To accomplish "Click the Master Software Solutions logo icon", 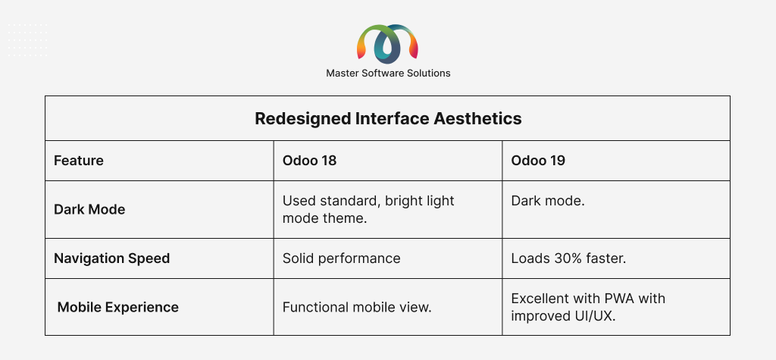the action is point(387,44).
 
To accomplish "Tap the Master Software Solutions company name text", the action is point(388,74).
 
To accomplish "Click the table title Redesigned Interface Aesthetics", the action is point(388,119).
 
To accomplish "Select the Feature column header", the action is point(79,161).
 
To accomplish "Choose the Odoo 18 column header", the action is point(309,161).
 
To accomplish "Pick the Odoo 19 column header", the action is point(538,161).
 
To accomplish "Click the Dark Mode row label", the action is point(89,209).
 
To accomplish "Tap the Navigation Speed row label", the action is point(112,258).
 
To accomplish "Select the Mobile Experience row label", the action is point(117,307).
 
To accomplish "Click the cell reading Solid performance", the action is point(342,258).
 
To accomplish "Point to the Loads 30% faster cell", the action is point(568,258).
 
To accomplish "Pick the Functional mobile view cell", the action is point(358,307).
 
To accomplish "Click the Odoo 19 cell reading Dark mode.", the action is point(548,201).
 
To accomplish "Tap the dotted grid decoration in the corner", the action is point(28,39).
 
